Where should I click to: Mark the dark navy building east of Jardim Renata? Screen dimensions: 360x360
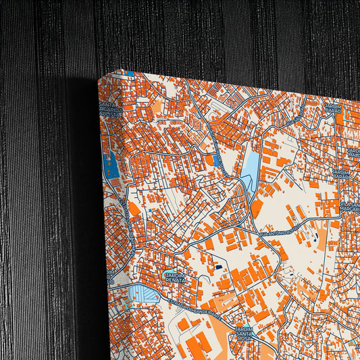(x=218, y=267)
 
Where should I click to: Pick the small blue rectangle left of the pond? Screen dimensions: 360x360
(x=216, y=161)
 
